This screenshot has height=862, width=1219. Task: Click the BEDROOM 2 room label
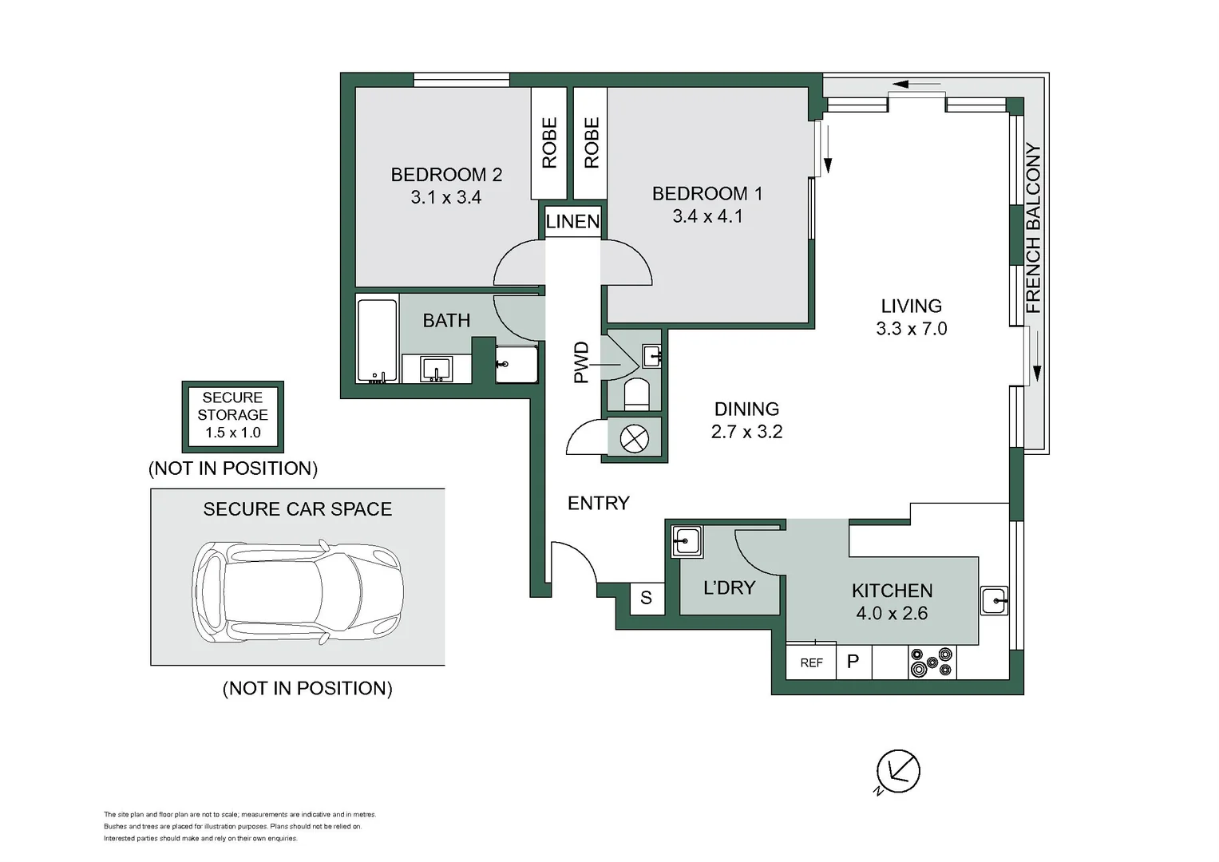click(x=446, y=175)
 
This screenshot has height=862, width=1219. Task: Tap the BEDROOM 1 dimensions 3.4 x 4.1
click(x=707, y=216)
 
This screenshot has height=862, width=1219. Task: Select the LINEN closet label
click(x=572, y=222)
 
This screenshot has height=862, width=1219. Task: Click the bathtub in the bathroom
click(x=377, y=339)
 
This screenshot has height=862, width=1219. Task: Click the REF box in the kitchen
click(x=811, y=662)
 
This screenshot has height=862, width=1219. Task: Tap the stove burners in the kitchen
click(x=932, y=662)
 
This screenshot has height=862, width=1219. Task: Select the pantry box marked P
click(x=853, y=662)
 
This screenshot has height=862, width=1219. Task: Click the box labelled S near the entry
click(x=647, y=598)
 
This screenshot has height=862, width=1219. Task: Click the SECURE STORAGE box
click(x=233, y=417)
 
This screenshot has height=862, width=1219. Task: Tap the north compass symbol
click(x=898, y=772)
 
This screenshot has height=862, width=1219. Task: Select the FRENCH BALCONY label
click(x=1032, y=228)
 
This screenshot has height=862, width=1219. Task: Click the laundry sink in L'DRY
click(x=687, y=541)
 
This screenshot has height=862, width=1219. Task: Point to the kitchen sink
click(x=994, y=600)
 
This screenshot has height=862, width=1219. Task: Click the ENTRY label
click(x=598, y=504)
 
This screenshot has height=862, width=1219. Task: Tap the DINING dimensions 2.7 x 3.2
click(x=746, y=432)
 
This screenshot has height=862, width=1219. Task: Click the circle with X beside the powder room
click(x=635, y=438)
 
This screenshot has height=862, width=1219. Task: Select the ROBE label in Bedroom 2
click(x=549, y=143)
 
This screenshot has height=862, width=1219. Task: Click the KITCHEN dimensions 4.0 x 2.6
click(x=892, y=613)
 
